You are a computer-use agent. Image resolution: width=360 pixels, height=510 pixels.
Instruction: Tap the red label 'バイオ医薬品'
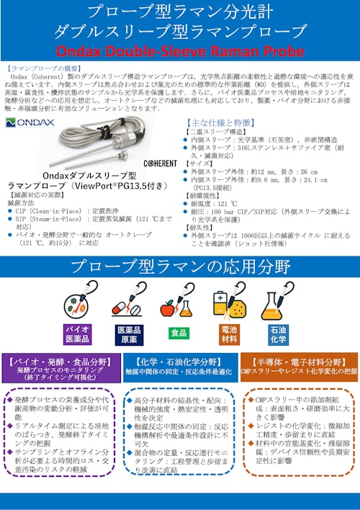tap(78, 334)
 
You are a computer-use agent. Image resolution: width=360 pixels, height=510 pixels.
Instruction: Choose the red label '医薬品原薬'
tap(128, 334)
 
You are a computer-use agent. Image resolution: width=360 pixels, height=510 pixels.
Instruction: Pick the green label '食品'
tap(177, 334)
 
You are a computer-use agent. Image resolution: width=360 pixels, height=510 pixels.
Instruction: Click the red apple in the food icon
tap(169, 308)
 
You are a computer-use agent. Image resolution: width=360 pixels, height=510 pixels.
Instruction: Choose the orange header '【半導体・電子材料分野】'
tap(297, 362)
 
